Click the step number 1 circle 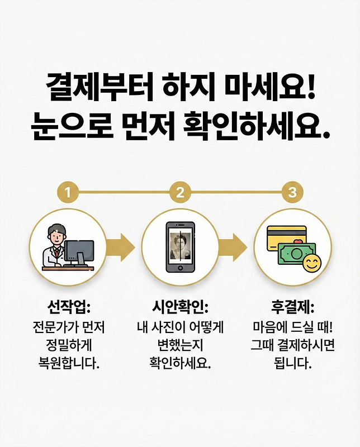[68, 193]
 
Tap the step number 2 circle [180, 193]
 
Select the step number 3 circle [292, 193]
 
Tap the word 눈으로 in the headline [66, 127]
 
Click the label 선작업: [68, 307]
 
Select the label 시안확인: [180, 307]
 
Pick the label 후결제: [292, 307]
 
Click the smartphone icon [180, 248]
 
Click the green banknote [293, 255]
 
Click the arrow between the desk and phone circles [122, 245]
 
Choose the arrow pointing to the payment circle [234, 245]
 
